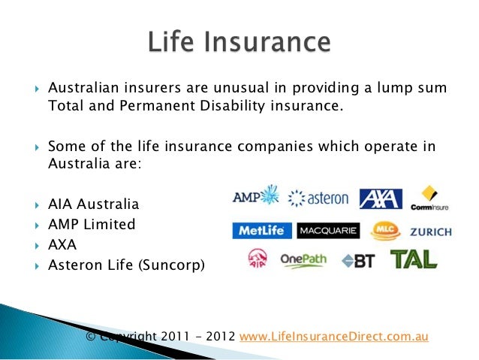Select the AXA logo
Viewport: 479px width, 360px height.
pos(380,199)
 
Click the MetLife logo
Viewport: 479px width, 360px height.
pos(262,231)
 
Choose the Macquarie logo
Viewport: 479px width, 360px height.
pos(328,231)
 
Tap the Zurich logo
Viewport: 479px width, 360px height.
pos(430,231)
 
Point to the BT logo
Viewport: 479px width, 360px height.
pos(359,261)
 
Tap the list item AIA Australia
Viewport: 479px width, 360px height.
pos(93,204)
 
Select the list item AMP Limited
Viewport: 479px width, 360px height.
pos(91,224)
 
